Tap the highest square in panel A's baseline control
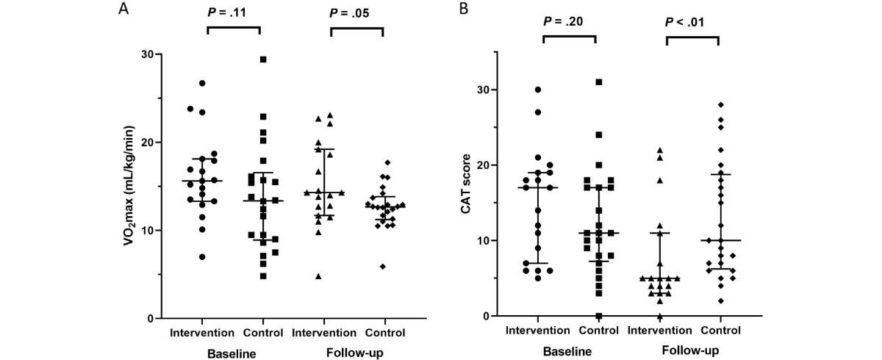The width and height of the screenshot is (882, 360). pyautogui.click(x=262, y=60)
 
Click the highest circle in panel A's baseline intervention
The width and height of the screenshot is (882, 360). pyautogui.click(x=202, y=83)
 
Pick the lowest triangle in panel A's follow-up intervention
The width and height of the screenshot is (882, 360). pyautogui.click(x=319, y=276)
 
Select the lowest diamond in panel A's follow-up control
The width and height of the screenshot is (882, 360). pyautogui.click(x=383, y=266)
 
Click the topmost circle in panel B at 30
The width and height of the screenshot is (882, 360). pyautogui.click(x=537, y=90)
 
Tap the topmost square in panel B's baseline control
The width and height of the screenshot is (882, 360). pyautogui.click(x=599, y=82)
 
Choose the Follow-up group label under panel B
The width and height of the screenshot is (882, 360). pyautogui.click(x=690, y=350)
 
